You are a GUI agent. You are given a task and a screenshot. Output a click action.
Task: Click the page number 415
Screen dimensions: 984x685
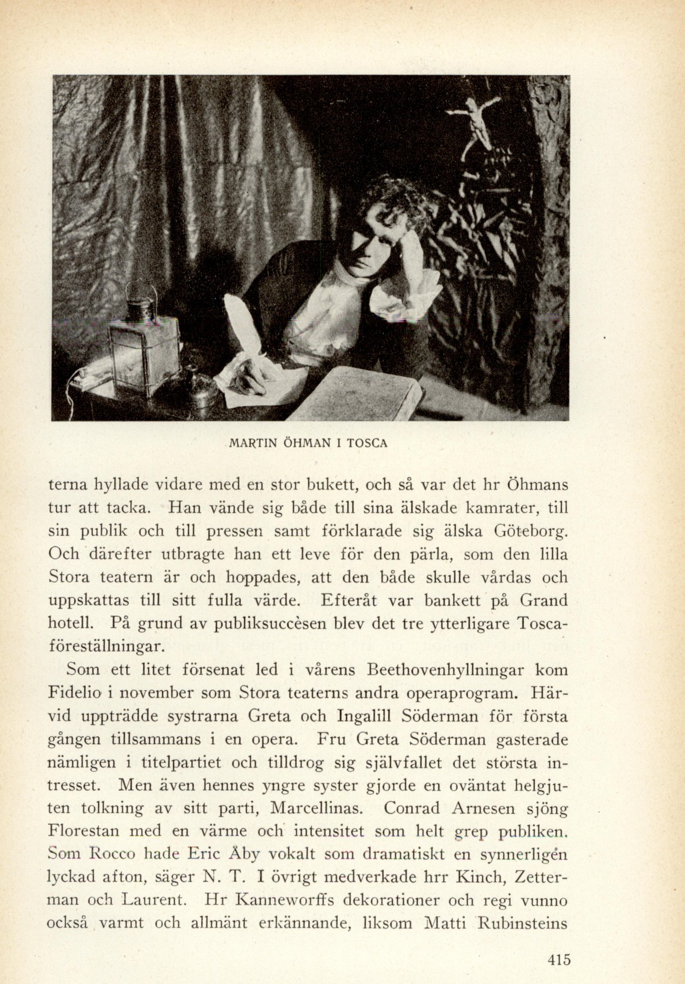pyautogui.click(x=559, y=959)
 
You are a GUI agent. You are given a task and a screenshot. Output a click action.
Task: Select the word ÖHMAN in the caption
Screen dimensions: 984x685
pyautogui.click(x=308, y=443)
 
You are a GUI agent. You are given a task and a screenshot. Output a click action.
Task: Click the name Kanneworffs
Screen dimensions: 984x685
pyautogui.click(x=285, y=900)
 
